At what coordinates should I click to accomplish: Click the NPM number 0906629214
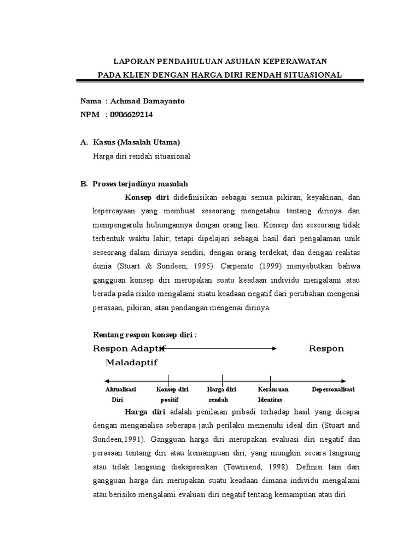[132, 114]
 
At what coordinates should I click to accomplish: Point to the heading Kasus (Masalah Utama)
[137, 142]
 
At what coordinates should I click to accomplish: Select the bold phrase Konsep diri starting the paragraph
[147, 197]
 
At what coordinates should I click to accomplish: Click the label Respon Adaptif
[129, 349]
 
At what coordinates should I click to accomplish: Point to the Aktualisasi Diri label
[120, 394]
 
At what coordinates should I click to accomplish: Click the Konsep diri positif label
[172, 394]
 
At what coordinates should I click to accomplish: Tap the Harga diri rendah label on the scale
[221, 394]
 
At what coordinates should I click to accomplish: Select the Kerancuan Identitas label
[273, 394]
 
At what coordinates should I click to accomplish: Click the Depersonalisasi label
[333, 389]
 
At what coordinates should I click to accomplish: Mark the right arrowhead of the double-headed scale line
[343, 381]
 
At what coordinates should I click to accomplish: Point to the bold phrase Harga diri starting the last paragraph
[146, 411]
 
